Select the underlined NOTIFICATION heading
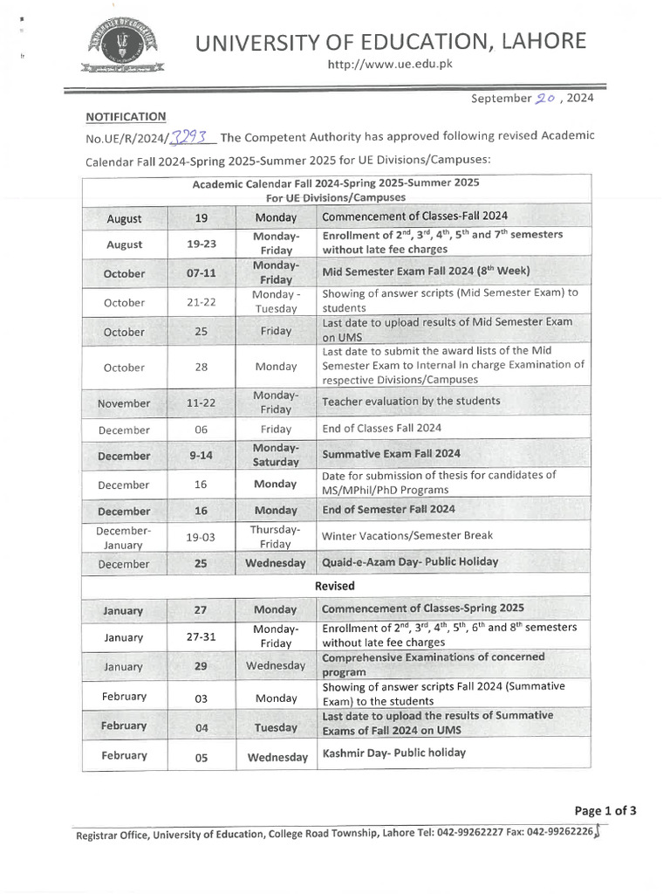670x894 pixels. click(x=126, y=116)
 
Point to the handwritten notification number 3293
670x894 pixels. click(x=189, y=136)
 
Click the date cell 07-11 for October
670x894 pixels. click(x=202, y=273)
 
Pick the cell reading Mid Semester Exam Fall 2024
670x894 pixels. click(x=426, y=272)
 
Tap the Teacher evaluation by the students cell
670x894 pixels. click(x=411, y=402)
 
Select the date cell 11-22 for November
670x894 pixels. click(x=202, y=403)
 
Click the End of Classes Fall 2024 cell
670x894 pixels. click(x=381, y=428)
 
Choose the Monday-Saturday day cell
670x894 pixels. click(x=276, y=455)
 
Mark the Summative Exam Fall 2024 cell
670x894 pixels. click(x=391, y=454)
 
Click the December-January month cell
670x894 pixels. click(x=124, y=537)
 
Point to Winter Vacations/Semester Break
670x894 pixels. click(x=407, y=536)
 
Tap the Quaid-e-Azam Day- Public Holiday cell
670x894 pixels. click(x=409, y=563)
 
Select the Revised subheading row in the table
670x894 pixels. click(x=335, y=587)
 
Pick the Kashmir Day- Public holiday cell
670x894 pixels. click(x=393, y=753)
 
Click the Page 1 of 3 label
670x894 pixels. click(x=605, y=810)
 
